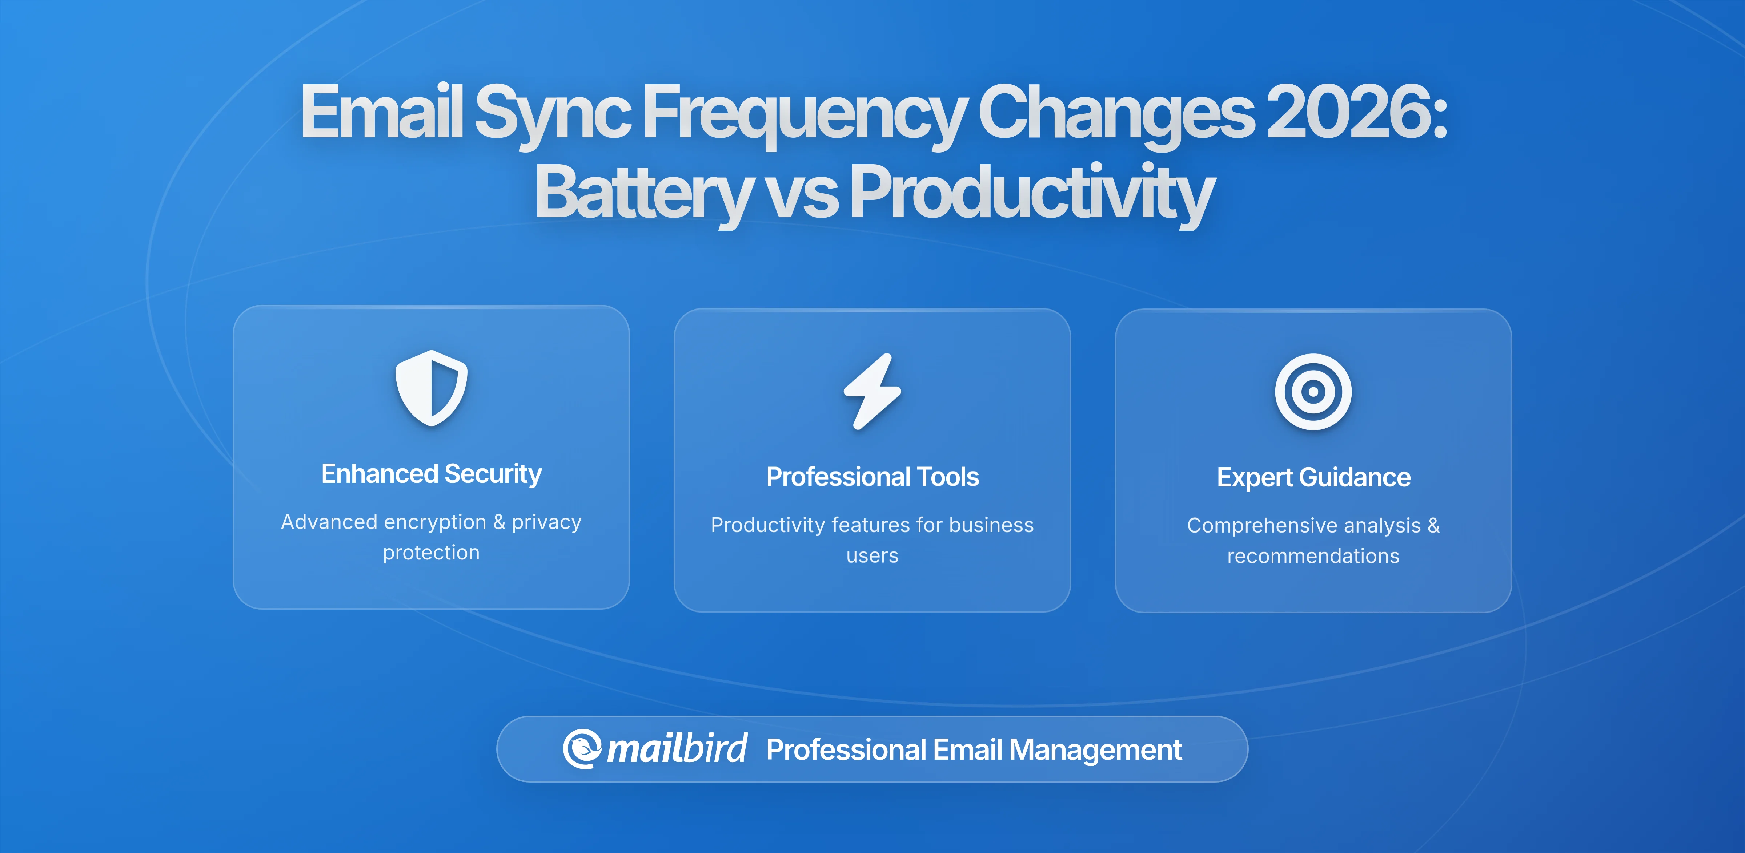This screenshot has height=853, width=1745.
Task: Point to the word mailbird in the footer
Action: (677, 749)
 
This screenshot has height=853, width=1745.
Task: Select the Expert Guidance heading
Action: (1313, 477)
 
